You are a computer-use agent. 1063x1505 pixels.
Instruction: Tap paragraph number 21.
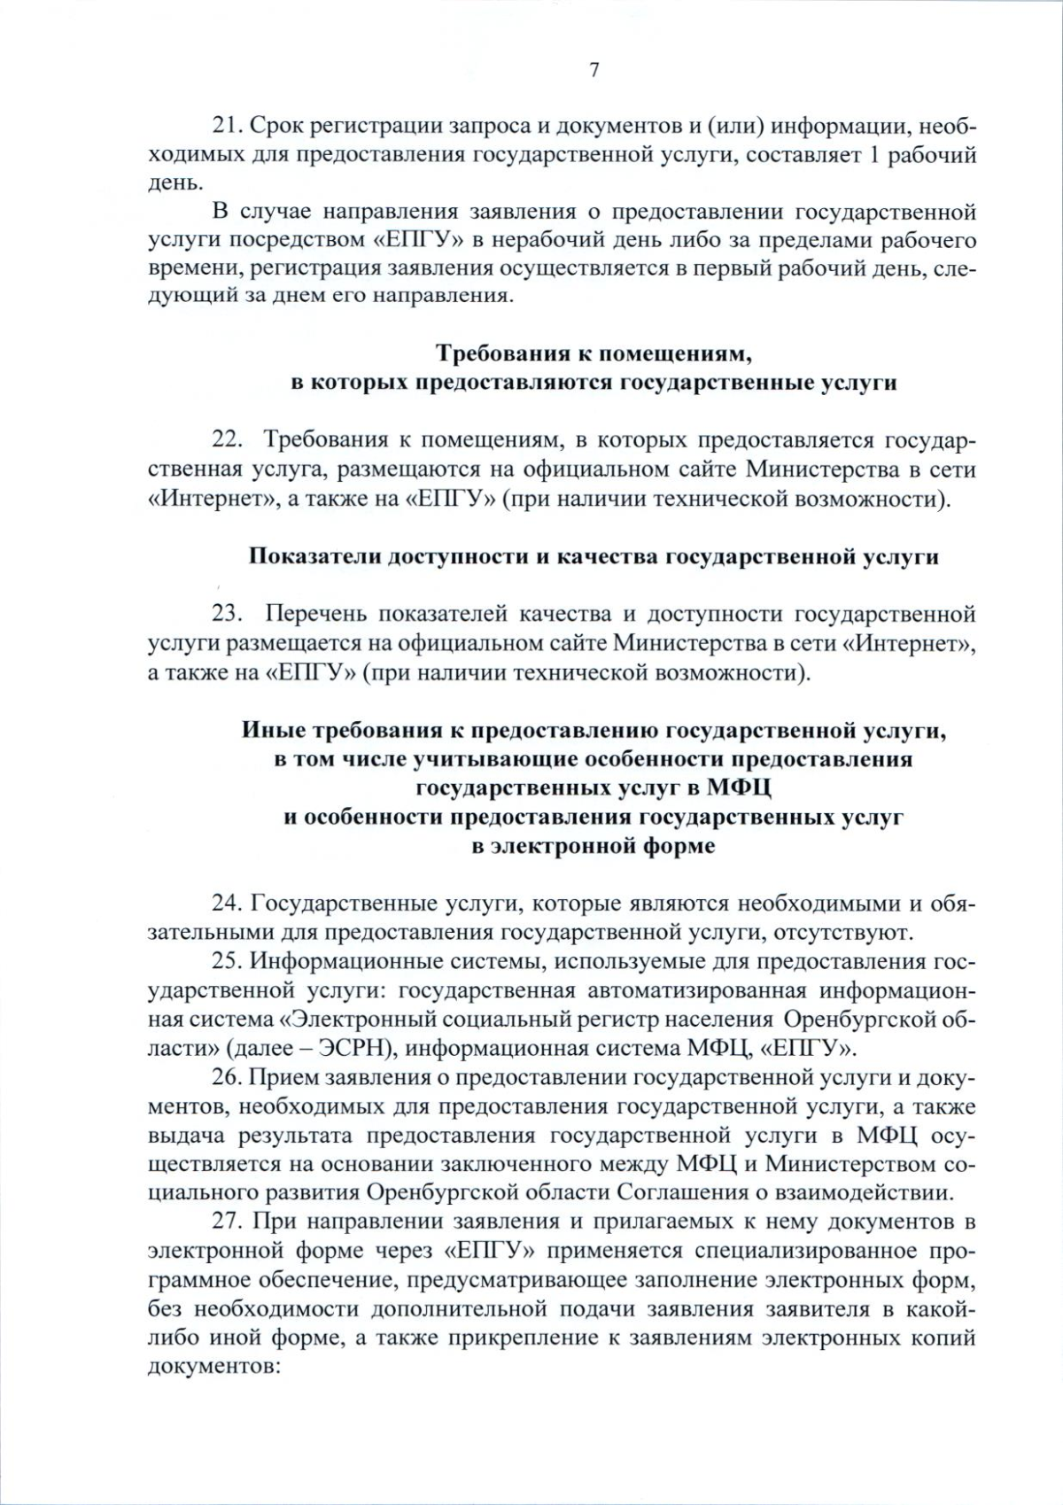228,127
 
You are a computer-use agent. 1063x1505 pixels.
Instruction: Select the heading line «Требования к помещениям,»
594,353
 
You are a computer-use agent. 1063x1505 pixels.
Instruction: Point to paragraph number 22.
228,440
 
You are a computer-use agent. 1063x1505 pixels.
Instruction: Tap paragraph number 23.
228,614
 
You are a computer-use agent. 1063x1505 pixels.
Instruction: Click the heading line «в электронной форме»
594,846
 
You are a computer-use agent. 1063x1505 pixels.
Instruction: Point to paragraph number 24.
228,904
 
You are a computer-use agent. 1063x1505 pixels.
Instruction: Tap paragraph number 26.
228,1077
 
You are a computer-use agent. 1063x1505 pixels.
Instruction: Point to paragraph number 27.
228,1222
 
